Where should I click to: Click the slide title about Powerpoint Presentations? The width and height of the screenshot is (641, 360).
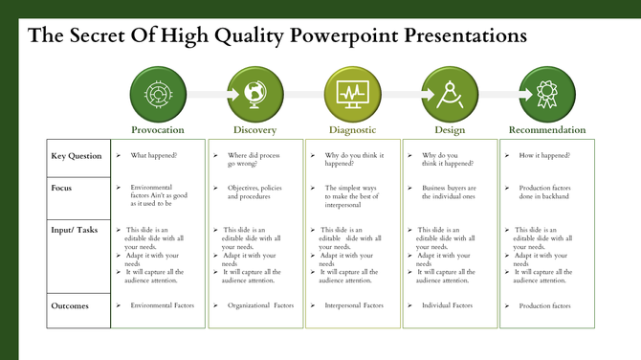(277, 35)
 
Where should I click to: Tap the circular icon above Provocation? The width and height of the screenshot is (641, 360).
(158, 94)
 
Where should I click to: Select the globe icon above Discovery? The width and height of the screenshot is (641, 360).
(254, 94)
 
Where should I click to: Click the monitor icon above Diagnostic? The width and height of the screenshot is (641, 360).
(351, 94)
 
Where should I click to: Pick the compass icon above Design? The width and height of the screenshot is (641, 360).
(449, 94)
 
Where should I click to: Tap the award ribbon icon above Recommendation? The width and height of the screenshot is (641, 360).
(546, 94)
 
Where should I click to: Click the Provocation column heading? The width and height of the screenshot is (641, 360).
(158, 129)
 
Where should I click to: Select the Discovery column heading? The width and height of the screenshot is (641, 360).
(254, 129)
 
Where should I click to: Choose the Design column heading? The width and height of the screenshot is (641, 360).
(449, 129)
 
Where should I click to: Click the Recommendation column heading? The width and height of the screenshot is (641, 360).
(546, 129)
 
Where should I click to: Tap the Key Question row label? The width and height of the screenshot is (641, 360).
(77, 155)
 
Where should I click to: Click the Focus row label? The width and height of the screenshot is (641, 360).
(62, 188)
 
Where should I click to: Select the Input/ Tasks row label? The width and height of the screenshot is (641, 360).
(75, 231)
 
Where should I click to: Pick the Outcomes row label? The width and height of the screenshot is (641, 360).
(69, 305)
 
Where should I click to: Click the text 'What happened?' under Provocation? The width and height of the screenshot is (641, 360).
(154, 155)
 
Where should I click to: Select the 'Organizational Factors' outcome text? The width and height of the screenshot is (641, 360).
(260, 305)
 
